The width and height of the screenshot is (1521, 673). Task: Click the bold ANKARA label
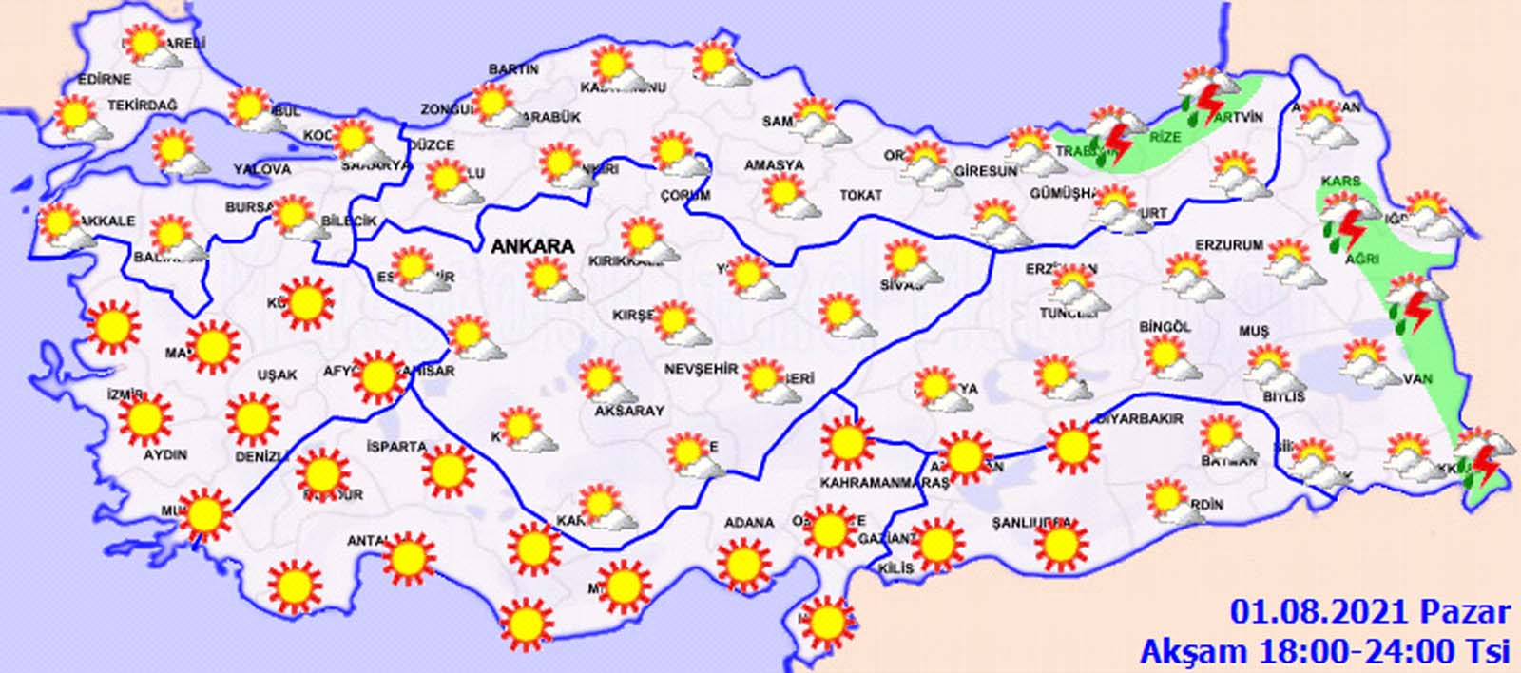532,245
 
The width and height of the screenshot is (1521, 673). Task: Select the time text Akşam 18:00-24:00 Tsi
1325,650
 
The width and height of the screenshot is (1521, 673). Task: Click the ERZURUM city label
1229,245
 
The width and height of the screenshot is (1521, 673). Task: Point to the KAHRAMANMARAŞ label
884,483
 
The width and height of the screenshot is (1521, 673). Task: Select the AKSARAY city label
628,411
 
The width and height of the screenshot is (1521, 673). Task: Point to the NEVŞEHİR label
701,369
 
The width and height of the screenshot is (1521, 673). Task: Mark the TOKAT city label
860,195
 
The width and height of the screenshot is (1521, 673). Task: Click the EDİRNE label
79,79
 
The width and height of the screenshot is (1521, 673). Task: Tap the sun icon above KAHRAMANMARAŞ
846,442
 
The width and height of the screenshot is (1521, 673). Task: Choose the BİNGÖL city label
1165,327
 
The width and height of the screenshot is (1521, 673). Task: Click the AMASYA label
773,165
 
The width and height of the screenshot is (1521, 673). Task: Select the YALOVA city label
262,169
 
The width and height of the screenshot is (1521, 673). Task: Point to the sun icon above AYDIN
146,419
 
